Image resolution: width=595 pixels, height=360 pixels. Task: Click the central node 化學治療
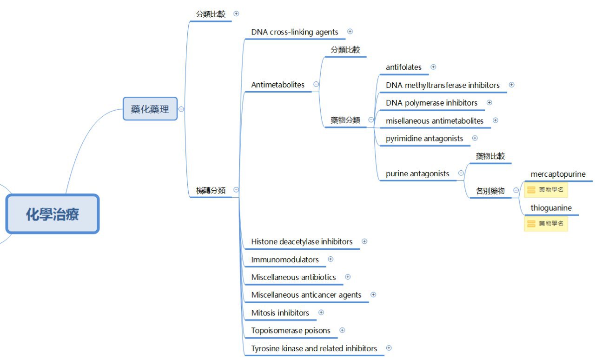click(53, 214)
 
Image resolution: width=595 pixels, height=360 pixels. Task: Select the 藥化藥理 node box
click(150, 109)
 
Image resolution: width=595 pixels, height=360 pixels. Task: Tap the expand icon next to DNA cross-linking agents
click(350, 32)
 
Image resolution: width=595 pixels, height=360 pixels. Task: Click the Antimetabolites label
click(278, 85)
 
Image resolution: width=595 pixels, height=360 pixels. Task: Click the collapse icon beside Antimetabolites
click(316, 85)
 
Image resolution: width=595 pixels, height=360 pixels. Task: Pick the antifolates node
click(403, 67)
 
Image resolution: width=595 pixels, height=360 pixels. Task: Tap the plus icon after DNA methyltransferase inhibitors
click(511, 85)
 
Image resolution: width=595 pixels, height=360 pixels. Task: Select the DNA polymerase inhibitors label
click(431, 103)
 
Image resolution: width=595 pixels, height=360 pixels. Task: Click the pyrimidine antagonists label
click(424, 138)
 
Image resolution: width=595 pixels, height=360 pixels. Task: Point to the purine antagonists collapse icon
click(461, 173)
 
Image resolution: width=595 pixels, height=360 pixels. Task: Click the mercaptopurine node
click(558, 174)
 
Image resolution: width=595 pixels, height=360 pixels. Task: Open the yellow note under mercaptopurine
click(546, 190)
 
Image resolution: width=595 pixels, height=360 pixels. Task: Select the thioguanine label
click(551, 208)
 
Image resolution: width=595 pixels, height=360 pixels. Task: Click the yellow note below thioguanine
click(546, 224)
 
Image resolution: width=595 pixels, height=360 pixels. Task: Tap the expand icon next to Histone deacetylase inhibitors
click(364, 241)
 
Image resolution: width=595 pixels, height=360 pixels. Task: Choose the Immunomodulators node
click(285, 260)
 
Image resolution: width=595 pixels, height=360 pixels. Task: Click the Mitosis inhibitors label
click(280, 313)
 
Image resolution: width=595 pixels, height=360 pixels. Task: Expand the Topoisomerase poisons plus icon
click(342, 330)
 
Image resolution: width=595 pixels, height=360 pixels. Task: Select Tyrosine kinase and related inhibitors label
click(314, 348)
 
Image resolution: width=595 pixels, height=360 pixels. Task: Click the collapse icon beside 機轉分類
click(236, 190)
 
